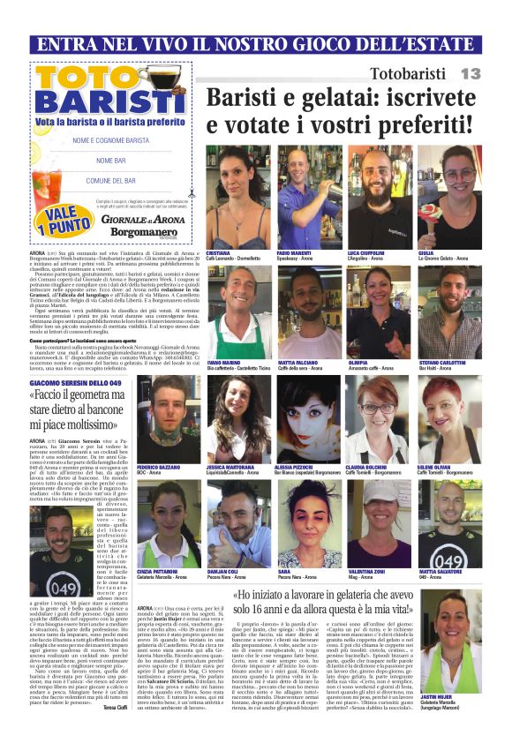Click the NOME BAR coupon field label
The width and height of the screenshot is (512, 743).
[111, 161]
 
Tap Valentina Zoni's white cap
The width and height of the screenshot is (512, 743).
[379, 493]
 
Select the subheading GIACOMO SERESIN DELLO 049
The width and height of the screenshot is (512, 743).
[75, 384]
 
